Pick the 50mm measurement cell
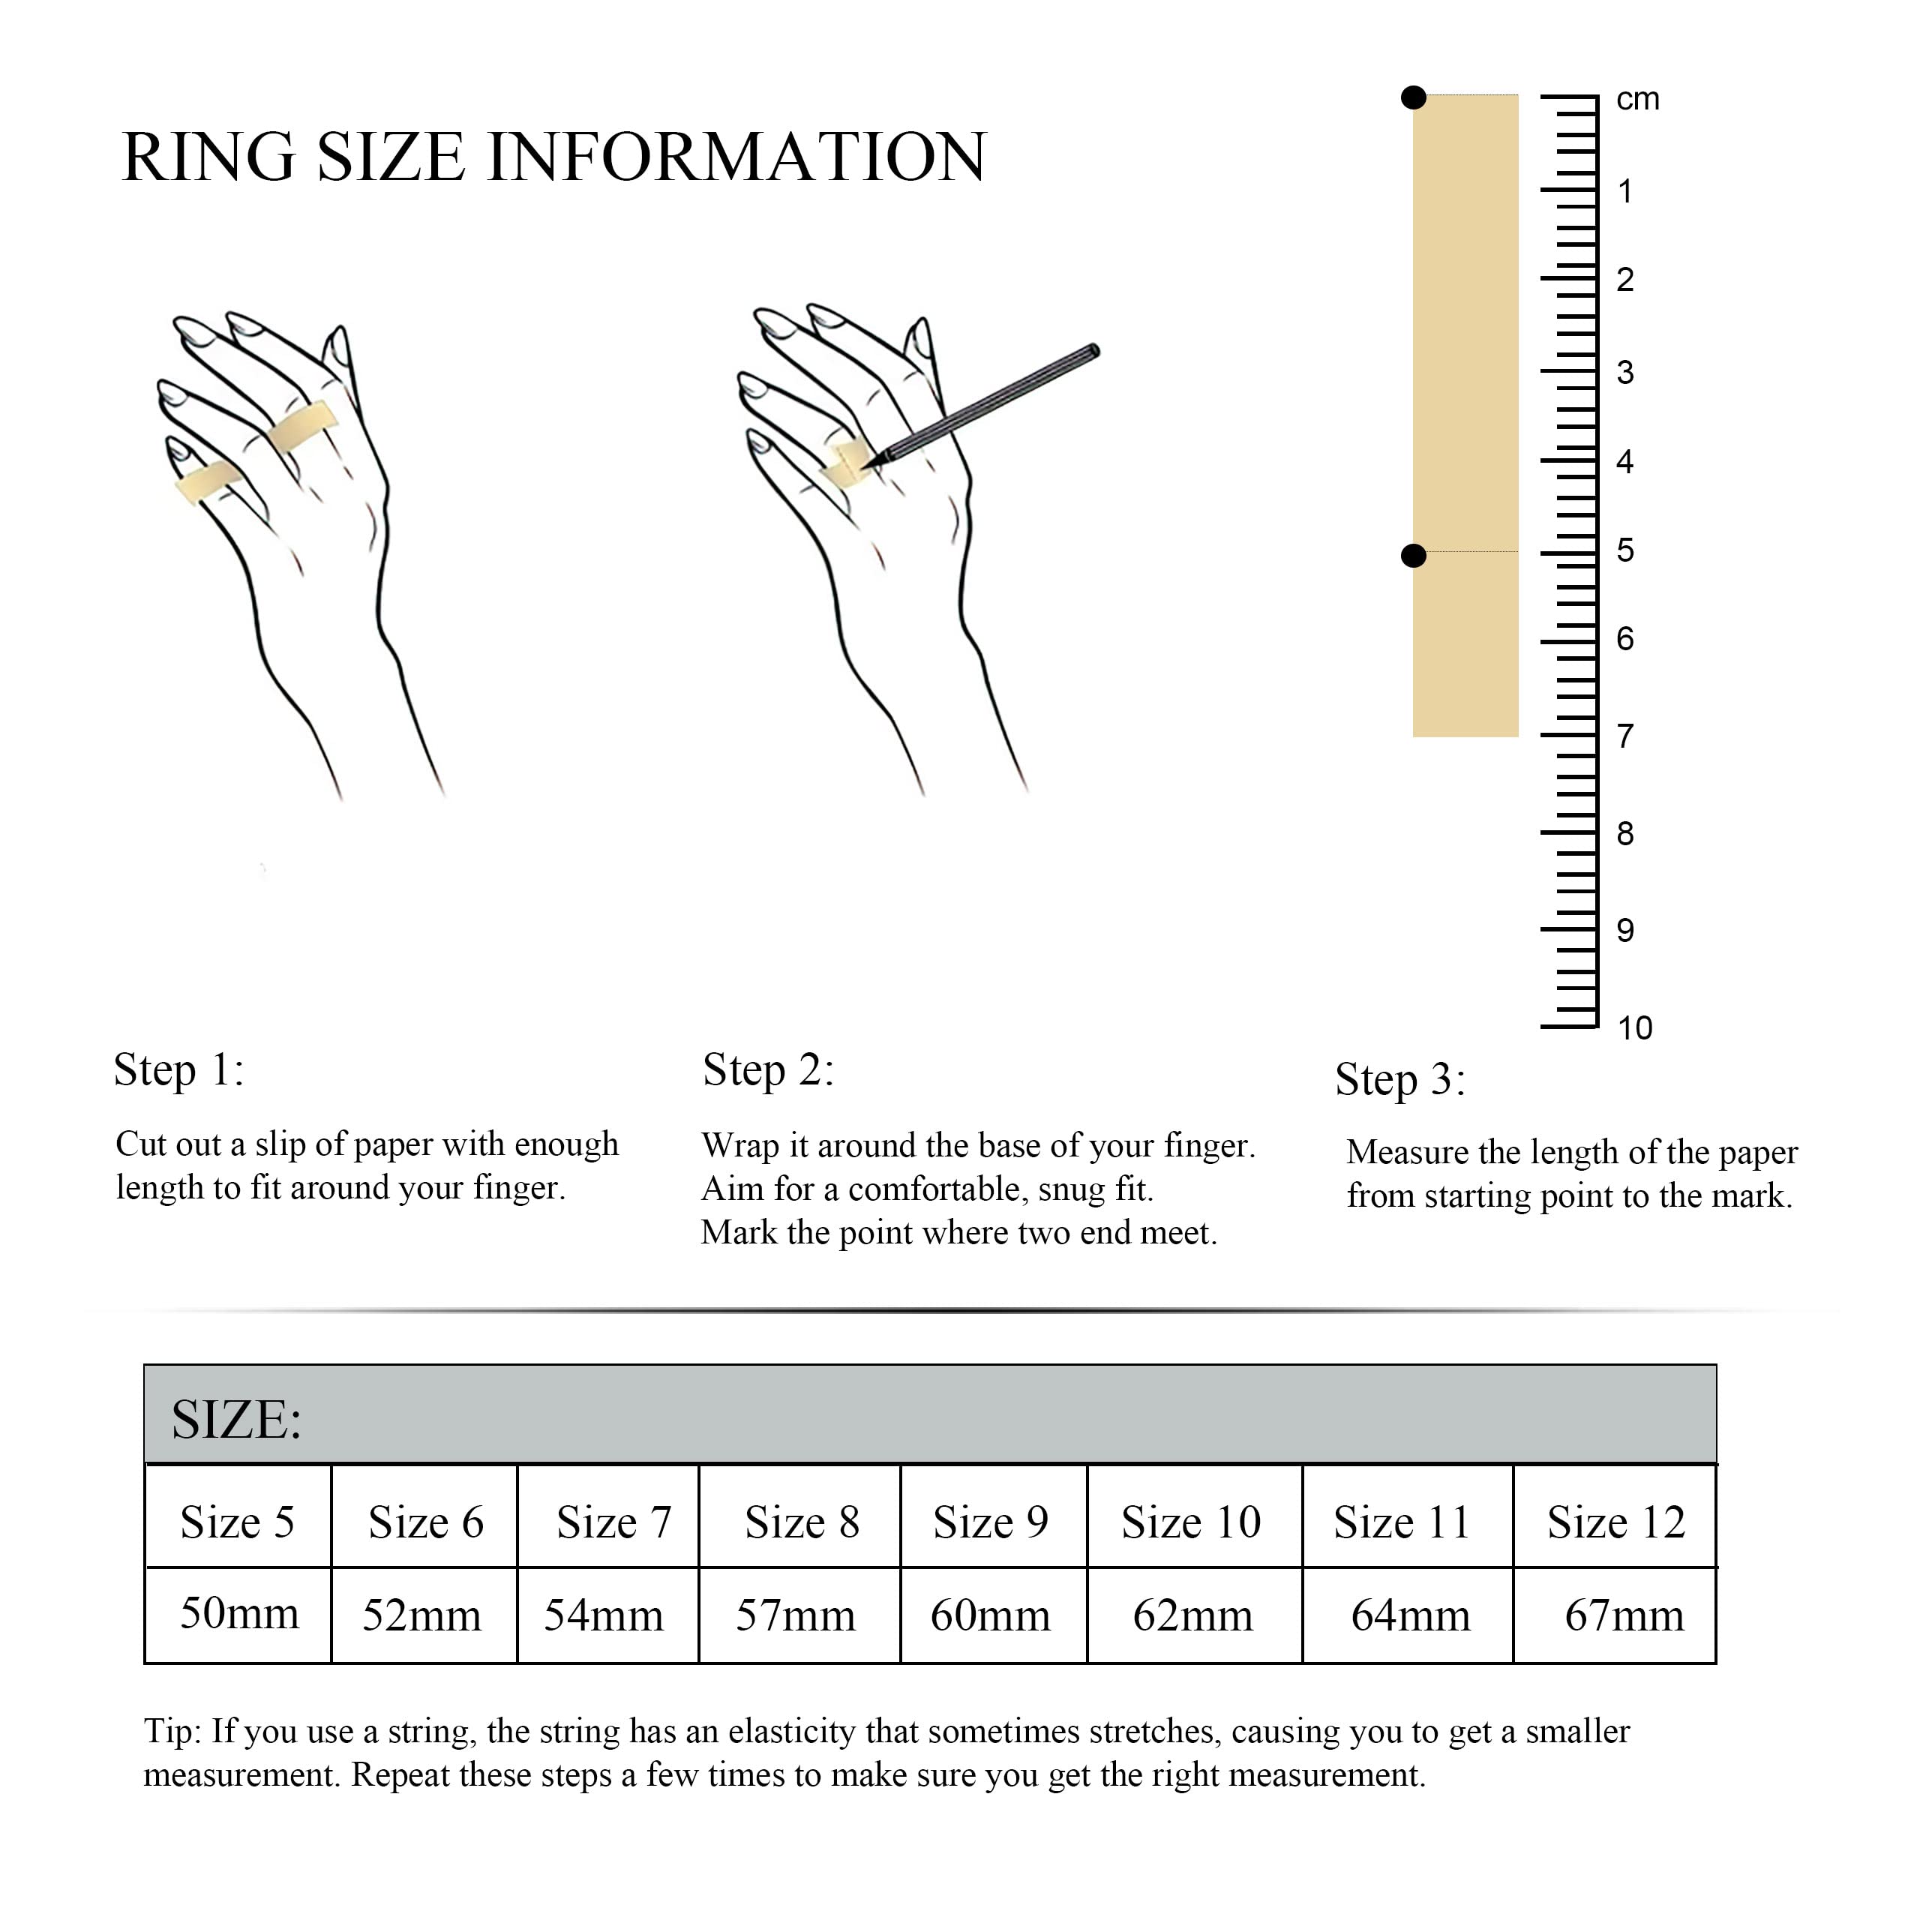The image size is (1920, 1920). point(238,1615)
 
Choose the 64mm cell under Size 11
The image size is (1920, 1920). point(1408,1615)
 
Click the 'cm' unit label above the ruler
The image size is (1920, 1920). point(1638,100)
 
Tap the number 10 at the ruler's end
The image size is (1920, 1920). point(1635,1027)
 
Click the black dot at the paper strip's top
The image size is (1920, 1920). point(1413,97)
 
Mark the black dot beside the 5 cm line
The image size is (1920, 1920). point(1413,556)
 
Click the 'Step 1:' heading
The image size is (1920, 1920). point(179,1070)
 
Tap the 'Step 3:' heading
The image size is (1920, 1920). point(1400,1080)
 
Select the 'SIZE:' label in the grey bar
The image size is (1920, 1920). point(236,1419)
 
